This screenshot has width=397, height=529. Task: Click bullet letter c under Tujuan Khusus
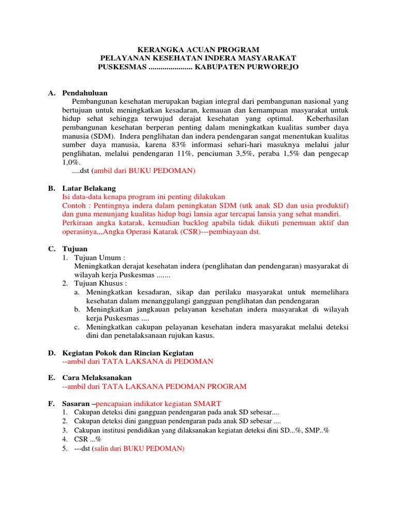coord(76,327)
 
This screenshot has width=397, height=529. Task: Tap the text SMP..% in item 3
coord(317,430)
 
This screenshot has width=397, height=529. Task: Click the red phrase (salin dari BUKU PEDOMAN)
coord(138,448)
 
